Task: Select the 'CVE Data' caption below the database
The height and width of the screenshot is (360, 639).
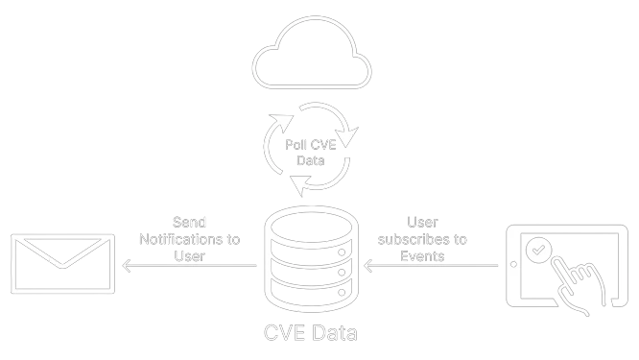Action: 311,334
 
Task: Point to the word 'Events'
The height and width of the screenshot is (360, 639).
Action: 423,256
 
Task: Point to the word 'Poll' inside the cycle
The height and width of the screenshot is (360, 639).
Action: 297,144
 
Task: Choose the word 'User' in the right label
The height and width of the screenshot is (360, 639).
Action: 423,222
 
